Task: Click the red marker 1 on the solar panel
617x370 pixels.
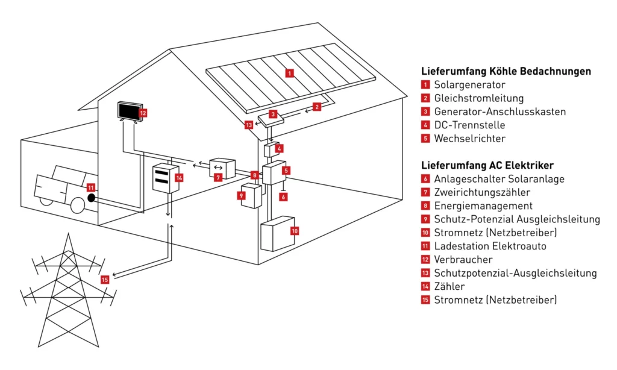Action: pos(290,74)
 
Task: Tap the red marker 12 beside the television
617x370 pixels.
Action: pos(143,112)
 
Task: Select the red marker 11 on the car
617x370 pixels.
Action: pos(91,187)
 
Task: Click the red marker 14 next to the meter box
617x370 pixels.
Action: pos(179,177)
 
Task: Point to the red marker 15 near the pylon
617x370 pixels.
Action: pos(105,280)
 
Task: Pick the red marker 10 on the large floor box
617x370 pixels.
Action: pos(294,230)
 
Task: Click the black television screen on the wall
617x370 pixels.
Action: pos(128,111)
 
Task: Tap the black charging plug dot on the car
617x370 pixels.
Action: pos(91,198)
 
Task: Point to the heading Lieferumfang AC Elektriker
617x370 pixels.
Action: pos(487,165)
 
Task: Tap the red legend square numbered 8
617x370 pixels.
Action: pos(425,206)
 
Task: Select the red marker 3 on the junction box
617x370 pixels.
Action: pos(272,114)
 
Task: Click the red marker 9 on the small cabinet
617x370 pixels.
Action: pos(242,195)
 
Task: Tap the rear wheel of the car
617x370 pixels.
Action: pos(78,205)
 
